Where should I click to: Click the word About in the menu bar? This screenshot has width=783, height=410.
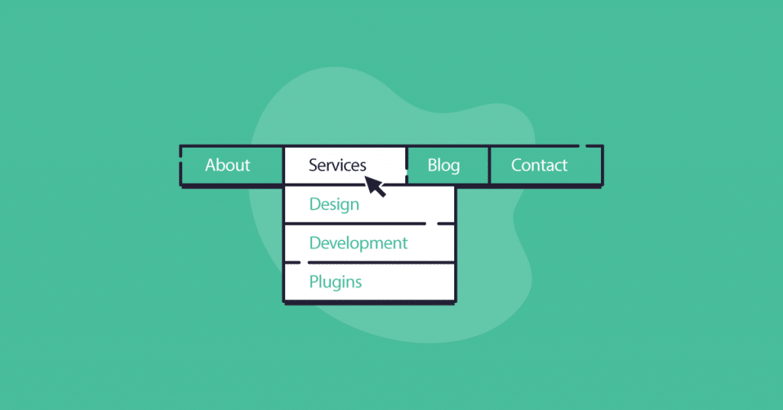[x=227, y=164]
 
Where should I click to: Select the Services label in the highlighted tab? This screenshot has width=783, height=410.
[x=337, y=164]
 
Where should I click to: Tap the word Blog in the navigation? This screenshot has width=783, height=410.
[x=443, y=166]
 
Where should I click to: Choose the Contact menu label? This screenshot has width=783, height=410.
[x=539, y=164]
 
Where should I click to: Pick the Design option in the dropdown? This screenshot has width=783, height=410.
[x=334, y=205]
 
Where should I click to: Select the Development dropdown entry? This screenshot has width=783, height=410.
[x=359, y=244]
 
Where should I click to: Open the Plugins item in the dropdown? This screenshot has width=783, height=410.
[x=336, y=283]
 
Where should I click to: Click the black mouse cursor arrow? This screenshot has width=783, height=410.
[x=375, y=186]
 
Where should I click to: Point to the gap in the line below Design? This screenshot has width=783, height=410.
[x=431, y=223]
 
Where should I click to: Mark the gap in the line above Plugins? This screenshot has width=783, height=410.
[x=304, y=262]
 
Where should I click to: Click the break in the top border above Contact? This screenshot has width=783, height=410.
[x=583, y=146]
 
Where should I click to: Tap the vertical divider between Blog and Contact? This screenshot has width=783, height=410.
[x=489, y=165]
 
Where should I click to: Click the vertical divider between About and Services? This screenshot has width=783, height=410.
[x=283, y=165]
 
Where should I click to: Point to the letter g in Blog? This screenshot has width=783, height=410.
[x=454, y=168]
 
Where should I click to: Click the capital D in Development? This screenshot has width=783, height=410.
[x=315, y=242]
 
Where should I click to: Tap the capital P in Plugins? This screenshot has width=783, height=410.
[x=314, y=281]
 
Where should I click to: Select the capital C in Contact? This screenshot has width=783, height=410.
[x=517, y=164]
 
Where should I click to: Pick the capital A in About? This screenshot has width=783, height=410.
[x=212, y=164]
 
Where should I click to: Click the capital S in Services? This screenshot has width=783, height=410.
[x=314, y=164]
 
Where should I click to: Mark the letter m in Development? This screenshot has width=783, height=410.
[x=376, y=244]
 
